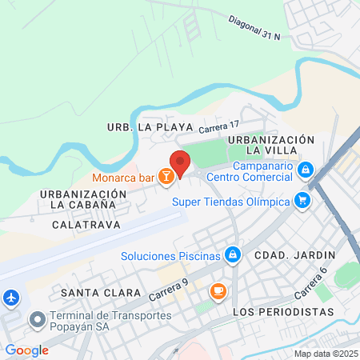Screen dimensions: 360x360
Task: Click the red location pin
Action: tap(180, 163)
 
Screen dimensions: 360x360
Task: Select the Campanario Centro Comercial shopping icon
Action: tap(305, 170)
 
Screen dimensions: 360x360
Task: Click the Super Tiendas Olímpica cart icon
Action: tap(302, 201)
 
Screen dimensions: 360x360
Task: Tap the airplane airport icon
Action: tap(11, 298)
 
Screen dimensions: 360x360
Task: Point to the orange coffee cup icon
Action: tap(217, 290)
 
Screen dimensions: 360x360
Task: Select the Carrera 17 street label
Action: tap(219, 126)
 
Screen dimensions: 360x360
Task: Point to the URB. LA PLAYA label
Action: tap(150, 127)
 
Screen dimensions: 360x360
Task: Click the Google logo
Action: tap(26, 350)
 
